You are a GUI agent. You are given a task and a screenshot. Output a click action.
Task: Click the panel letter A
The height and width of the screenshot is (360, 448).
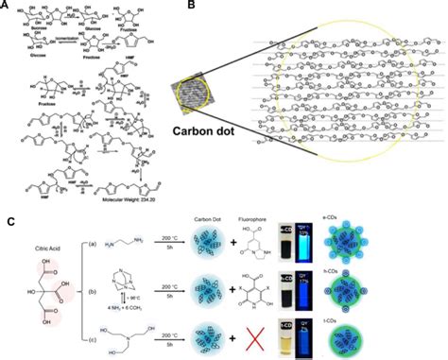[x=8, y=6]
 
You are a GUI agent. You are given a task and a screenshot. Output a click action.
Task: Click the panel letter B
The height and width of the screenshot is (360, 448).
[x=169, y=6]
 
